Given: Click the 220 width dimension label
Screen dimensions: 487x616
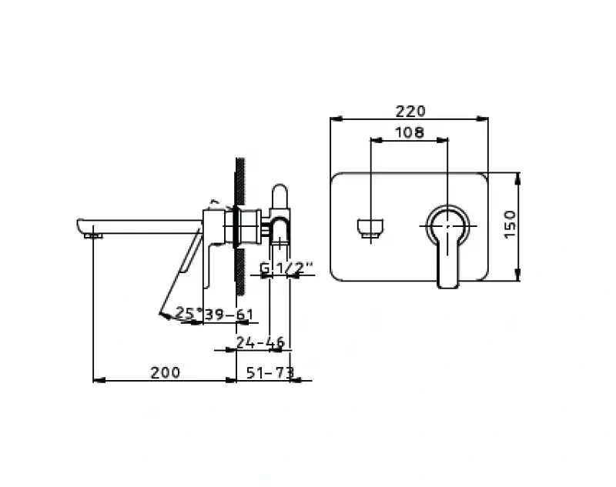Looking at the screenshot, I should (409, 111).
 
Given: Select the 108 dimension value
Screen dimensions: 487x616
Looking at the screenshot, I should (409, 132).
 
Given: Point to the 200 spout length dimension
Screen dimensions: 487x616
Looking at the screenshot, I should (165, 372).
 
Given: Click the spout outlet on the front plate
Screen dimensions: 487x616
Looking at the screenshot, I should (371, 228).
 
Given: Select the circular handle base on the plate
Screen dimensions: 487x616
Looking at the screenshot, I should (448, 225).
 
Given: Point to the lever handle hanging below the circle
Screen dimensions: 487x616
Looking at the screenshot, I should (448, 265).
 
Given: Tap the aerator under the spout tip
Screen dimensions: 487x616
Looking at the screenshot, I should (94, 235).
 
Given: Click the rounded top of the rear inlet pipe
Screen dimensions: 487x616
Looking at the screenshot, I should (280, 192).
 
